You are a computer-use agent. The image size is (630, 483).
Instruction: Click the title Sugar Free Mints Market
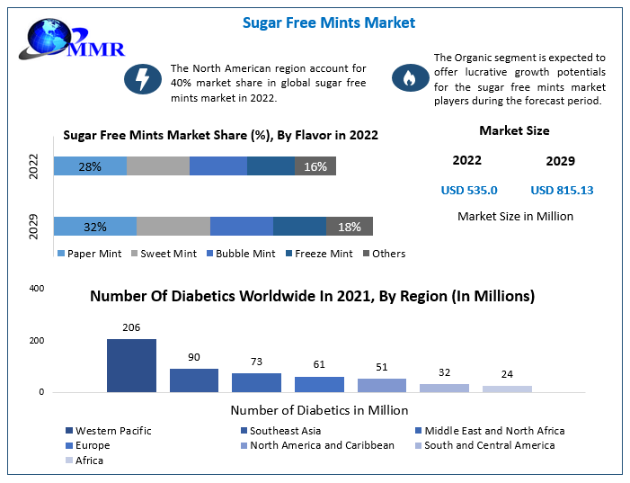[x=328, y=22]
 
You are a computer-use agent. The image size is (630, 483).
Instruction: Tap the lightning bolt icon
[x=142, y=79]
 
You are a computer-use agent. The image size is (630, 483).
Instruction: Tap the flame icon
[x=410, y=79]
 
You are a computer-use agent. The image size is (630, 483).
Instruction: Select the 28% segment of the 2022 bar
[x=90, y=166]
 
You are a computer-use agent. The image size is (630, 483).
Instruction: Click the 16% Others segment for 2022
[x=315, y=166]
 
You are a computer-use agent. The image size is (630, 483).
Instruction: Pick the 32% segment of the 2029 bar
[x=95, y=227]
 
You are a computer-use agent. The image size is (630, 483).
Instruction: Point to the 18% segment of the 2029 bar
[x=349, y=227]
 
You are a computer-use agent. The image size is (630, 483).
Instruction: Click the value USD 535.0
[x=469, y=190]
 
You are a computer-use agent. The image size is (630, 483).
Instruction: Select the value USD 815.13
[x=562, y=190]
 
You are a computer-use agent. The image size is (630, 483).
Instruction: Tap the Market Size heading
[x=514, y=130]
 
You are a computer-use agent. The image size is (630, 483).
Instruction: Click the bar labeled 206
[x=131, y=365]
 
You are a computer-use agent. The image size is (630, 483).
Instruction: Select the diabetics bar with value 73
[x=256, y=382]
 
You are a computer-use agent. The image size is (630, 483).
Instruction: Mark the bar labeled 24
[x=507, y=389]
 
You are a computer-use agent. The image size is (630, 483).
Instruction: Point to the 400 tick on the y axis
[x=37, y=289]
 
